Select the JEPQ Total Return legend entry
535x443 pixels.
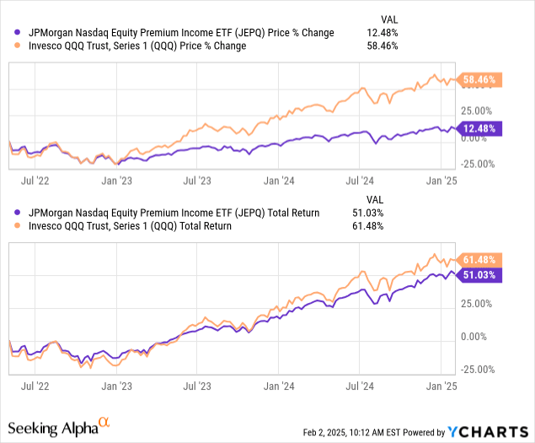(x=168, y=213)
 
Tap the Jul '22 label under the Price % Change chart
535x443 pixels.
(x=33, y=180)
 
